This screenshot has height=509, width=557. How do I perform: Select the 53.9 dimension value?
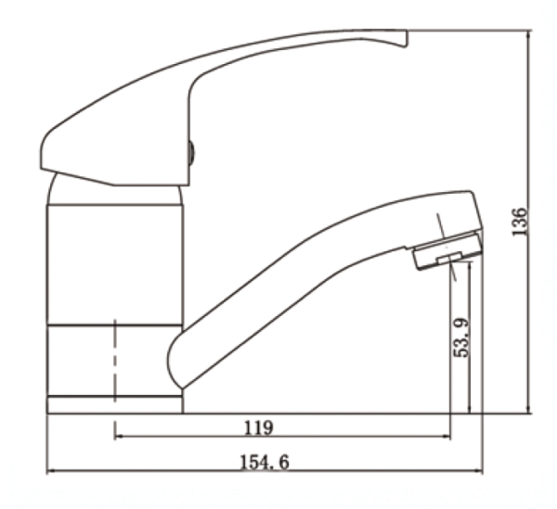[461, 338]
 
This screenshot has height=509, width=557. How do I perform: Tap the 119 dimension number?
[259, 427]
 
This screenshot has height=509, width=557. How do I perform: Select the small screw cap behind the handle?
[191, 151]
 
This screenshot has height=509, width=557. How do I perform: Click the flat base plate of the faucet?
[114, 404]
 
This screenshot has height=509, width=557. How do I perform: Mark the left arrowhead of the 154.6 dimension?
[51, 471]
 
